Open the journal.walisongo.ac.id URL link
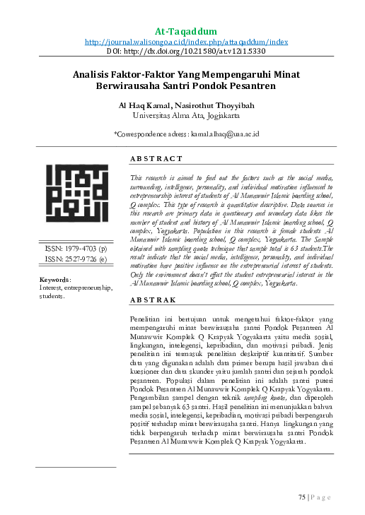pyautogui.click(x=186, y=42)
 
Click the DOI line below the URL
pyautogui.click(x=186, y=51)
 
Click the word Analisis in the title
pyautogui.click(x=94, y=73)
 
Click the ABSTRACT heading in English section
pyautogui.click(x=157, y=159)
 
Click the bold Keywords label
pyautogui.click(x=55, y=279)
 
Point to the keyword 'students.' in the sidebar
pyautogui.click(x=52, y=296)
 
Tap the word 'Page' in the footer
pyautogui.click(x=322, y=497)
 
